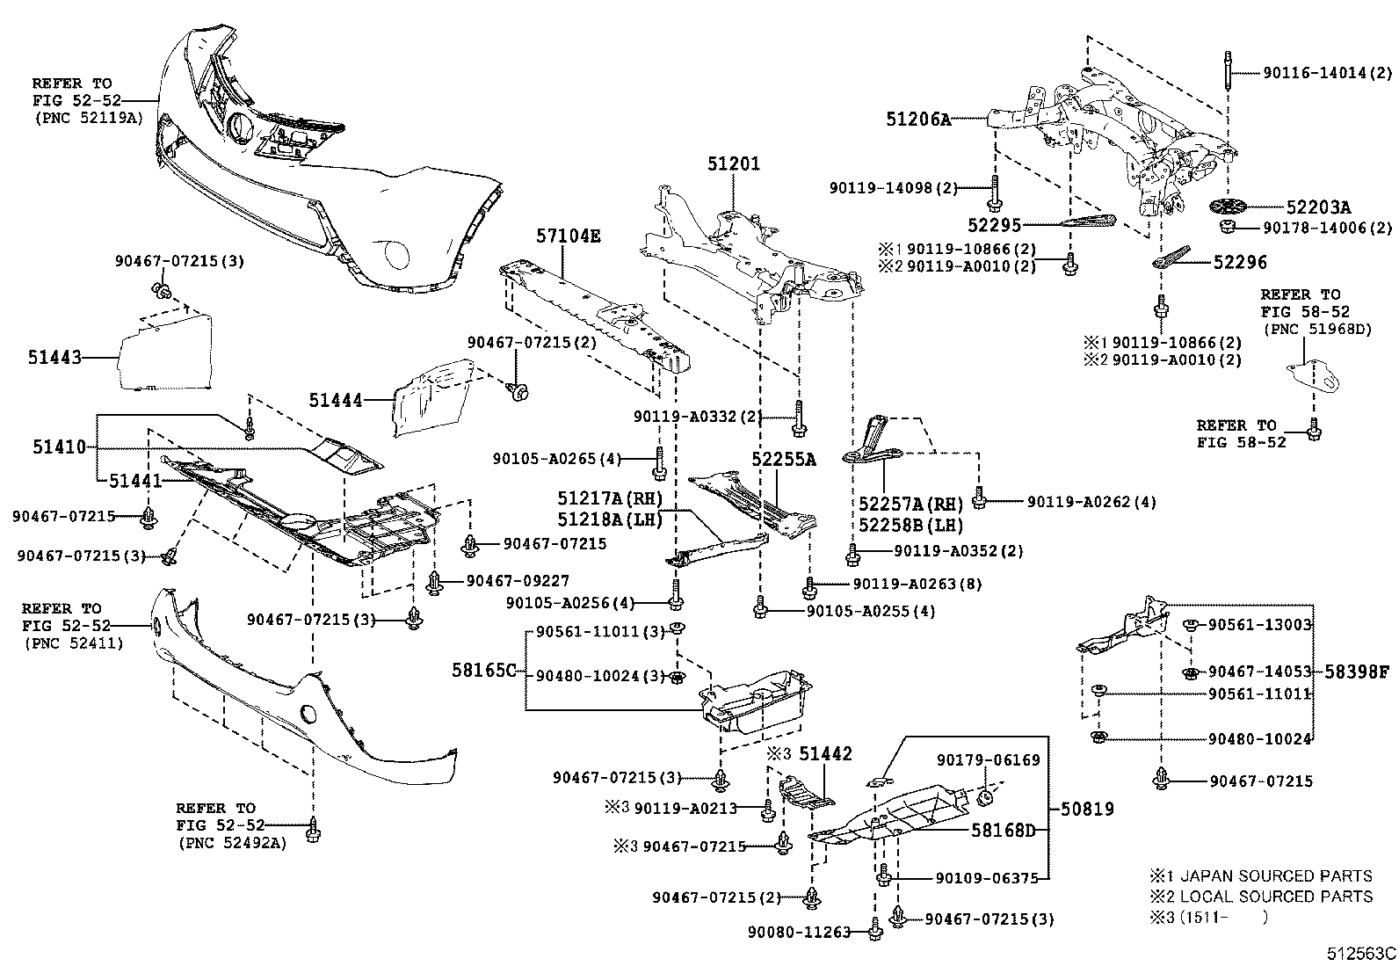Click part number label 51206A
coord(919,119)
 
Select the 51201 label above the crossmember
coord(734,164)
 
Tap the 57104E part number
coord(569,236)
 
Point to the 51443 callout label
coord(54,359)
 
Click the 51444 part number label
coord(335,401)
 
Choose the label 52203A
coord(1318,208)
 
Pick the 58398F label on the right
coord(1358,672)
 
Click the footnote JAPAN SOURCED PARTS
coord(1274,876)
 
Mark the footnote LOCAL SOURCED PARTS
coord(1275,897)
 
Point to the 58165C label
coord(483,671)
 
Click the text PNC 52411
coord(75,643)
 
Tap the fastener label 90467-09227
coord(518,580)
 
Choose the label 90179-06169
coord(988,759)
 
